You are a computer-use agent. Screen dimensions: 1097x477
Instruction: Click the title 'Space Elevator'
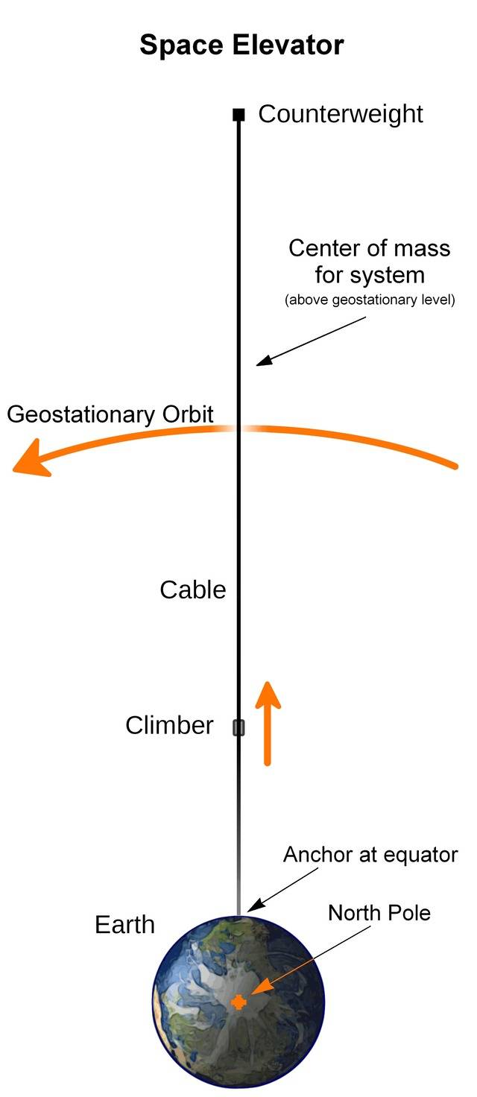(x=241, y=45)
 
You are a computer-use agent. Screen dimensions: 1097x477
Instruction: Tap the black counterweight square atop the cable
(x=238, y=115)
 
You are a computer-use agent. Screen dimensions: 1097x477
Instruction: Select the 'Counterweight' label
(x=341, y=114)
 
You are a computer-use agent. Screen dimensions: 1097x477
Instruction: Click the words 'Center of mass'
(x=370, y=248)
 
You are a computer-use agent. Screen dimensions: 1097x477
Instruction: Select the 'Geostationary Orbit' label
(x=110, y=414)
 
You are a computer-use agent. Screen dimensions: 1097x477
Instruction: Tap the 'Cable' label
(x=193, y=590)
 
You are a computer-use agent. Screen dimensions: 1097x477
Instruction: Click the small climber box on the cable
(x=238, y=727)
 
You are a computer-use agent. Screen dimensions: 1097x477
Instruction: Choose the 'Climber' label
(x=169, y=726)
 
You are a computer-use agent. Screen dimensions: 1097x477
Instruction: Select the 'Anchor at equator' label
(x=370, y=855)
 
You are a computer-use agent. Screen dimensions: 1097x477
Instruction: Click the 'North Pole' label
(x=379, y=912)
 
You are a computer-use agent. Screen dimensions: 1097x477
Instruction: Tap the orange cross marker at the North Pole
(x=238, y=1002)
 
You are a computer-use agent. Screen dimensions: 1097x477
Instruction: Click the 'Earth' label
(x=124, y=925)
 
